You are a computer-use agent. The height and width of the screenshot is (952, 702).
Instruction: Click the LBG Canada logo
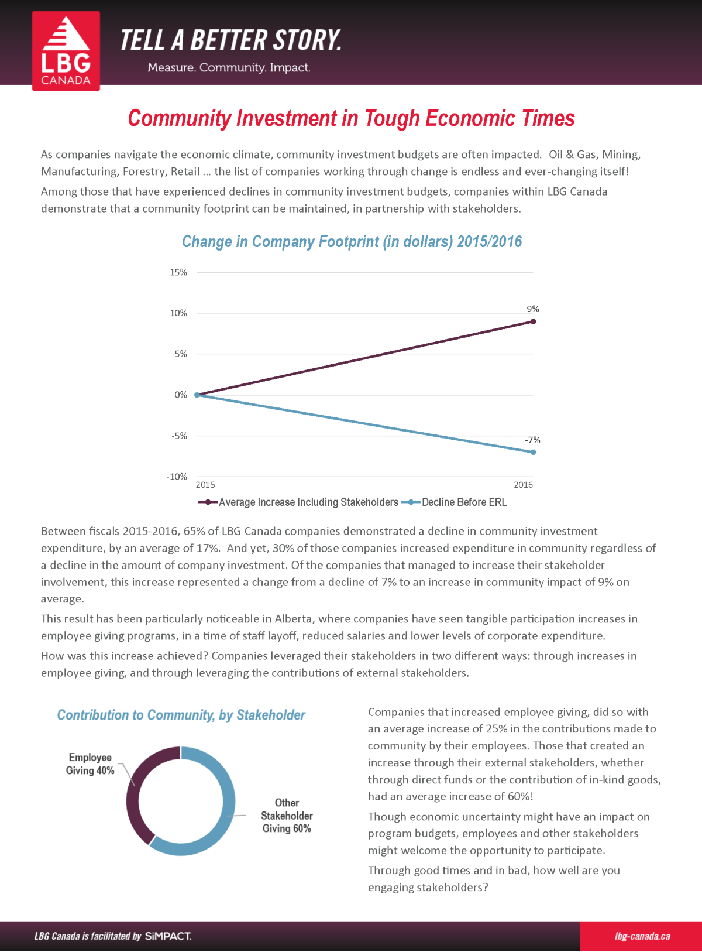[x=66, y=51]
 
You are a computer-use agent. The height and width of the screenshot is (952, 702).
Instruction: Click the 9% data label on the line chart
[x=532, y=309]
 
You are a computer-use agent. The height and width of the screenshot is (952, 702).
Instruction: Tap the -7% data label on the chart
[x=532, y=440]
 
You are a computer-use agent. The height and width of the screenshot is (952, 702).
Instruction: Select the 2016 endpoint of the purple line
[x=533, y=321]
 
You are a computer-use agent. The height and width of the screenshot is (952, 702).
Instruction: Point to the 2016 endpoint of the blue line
[x=533, y=452]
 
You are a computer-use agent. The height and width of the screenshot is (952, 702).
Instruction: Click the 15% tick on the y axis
[x=178, y=272]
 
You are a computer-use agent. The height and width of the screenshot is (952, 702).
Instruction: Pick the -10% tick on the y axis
[x=177, y=477]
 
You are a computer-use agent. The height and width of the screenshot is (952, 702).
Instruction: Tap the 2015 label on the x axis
[x=205, y=485]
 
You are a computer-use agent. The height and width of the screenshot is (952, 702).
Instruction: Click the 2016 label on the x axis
[x=523, y=485]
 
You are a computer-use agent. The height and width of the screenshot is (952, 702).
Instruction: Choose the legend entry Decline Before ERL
[x=454, y=502]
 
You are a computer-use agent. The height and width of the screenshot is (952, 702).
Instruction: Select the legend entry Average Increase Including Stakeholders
[x=298, y=502]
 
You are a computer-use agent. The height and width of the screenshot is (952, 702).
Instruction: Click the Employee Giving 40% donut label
[x=90, y=763]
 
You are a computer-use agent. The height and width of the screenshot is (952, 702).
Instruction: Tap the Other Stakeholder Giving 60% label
[x=287, y=815]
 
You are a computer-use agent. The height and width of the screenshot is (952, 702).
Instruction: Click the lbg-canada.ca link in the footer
[x=642, y=936]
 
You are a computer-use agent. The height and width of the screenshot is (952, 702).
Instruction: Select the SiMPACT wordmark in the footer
[x=168, y=936]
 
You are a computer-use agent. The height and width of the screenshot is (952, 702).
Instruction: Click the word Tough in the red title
[x=391, y=118]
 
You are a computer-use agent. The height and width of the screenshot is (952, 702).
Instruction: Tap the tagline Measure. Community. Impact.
[x=229, y=67]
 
